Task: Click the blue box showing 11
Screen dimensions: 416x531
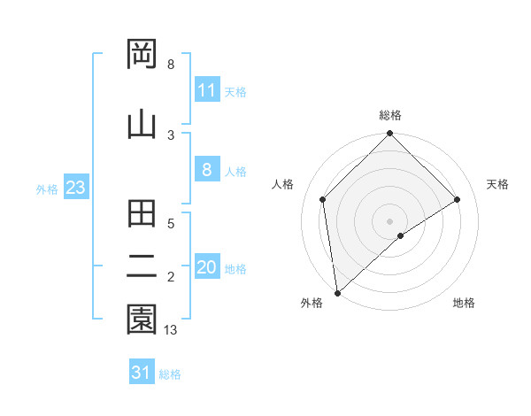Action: [207, 90]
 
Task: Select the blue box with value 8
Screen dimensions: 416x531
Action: [207, 171]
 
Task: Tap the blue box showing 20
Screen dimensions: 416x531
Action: [207, 268]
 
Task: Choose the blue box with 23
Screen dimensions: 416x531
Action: [75, 189]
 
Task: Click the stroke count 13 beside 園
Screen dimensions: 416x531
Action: [172, 330]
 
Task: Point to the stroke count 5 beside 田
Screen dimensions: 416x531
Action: [171, 224]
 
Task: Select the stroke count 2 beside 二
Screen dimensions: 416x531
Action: [171, 277]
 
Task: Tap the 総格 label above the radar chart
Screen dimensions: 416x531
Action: [390, 115]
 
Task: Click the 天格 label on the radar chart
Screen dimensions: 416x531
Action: [497, 184]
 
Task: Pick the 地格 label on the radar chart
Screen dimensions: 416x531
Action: [464, 303]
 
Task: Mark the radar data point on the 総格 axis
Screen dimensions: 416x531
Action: [390, 135]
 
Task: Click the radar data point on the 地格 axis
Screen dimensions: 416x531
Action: [401, 235]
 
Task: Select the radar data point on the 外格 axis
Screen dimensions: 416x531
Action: [337, 293]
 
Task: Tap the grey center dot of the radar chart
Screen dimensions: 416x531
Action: [390, 220]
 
